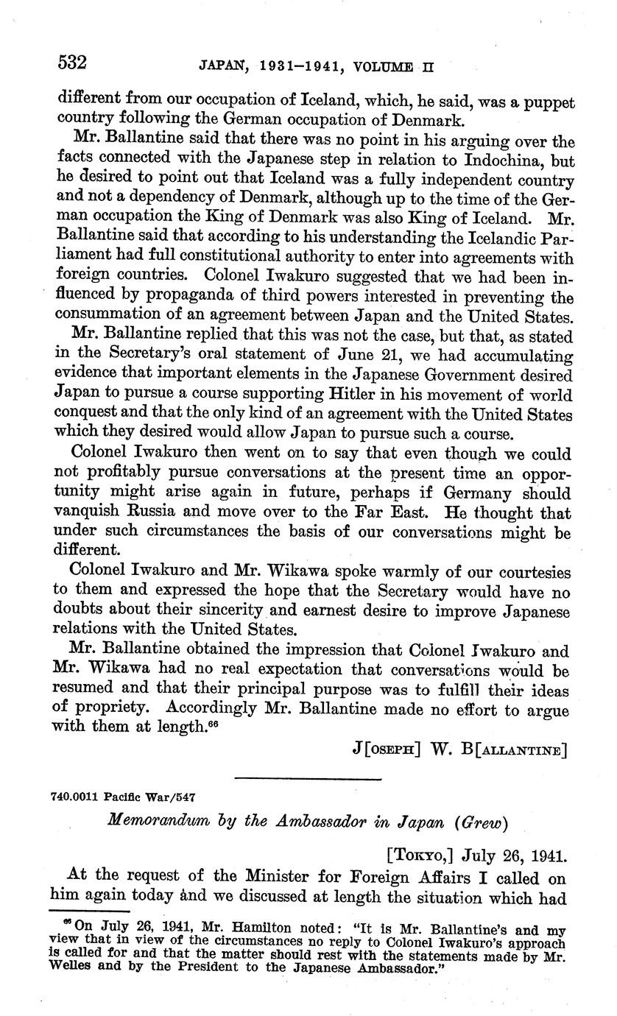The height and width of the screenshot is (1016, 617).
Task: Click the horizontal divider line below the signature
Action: tap(308, 779)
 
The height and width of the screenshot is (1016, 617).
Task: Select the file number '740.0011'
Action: tap(76, 797)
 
